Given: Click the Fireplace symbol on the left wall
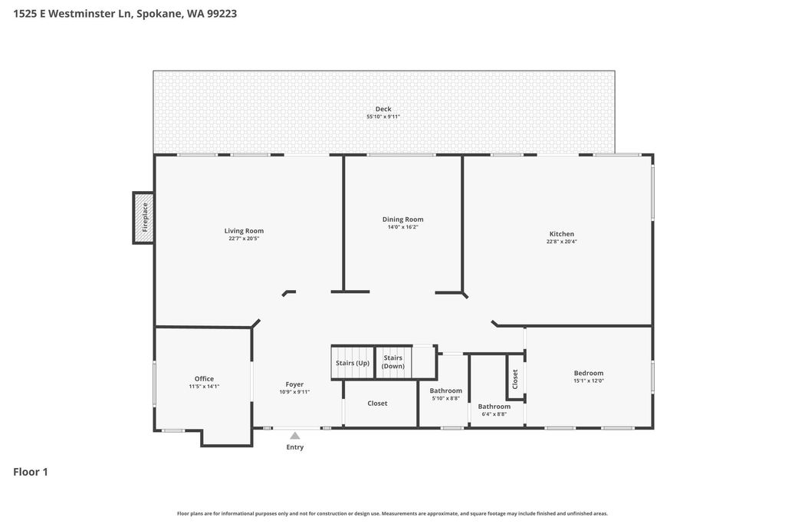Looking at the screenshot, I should click(x=143, y=218).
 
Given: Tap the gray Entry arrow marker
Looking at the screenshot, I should click(x=294, y=436).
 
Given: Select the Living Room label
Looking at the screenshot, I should click(x=244, y=231).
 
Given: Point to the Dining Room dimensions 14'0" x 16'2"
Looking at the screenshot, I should click(x=402, y=227).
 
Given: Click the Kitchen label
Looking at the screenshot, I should click(x=561, y=234).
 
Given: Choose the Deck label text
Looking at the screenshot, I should click(x=383, y=109).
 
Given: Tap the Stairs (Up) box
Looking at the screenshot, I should click(x=352, y=363).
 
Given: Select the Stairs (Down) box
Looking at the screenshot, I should click(x=393, y=362).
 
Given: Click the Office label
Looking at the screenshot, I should click(x=204, y=378).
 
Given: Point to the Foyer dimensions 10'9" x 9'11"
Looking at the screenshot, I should click(x=294, y=392).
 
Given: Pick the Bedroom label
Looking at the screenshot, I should click(x=589, y=374).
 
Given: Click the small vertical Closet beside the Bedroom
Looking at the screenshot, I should click(x=515, y=377).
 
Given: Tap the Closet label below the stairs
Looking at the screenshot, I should click(x=377, y=404).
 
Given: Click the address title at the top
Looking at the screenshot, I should click(x=125, y=13).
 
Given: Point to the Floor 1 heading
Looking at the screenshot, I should click(x=31, y=472).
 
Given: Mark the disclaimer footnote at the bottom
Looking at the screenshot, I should click(x=392, y=513).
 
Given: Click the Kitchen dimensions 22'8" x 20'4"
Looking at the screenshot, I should click(x=561, y=242).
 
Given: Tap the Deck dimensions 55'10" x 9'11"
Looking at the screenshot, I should click(x=383, y=117).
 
